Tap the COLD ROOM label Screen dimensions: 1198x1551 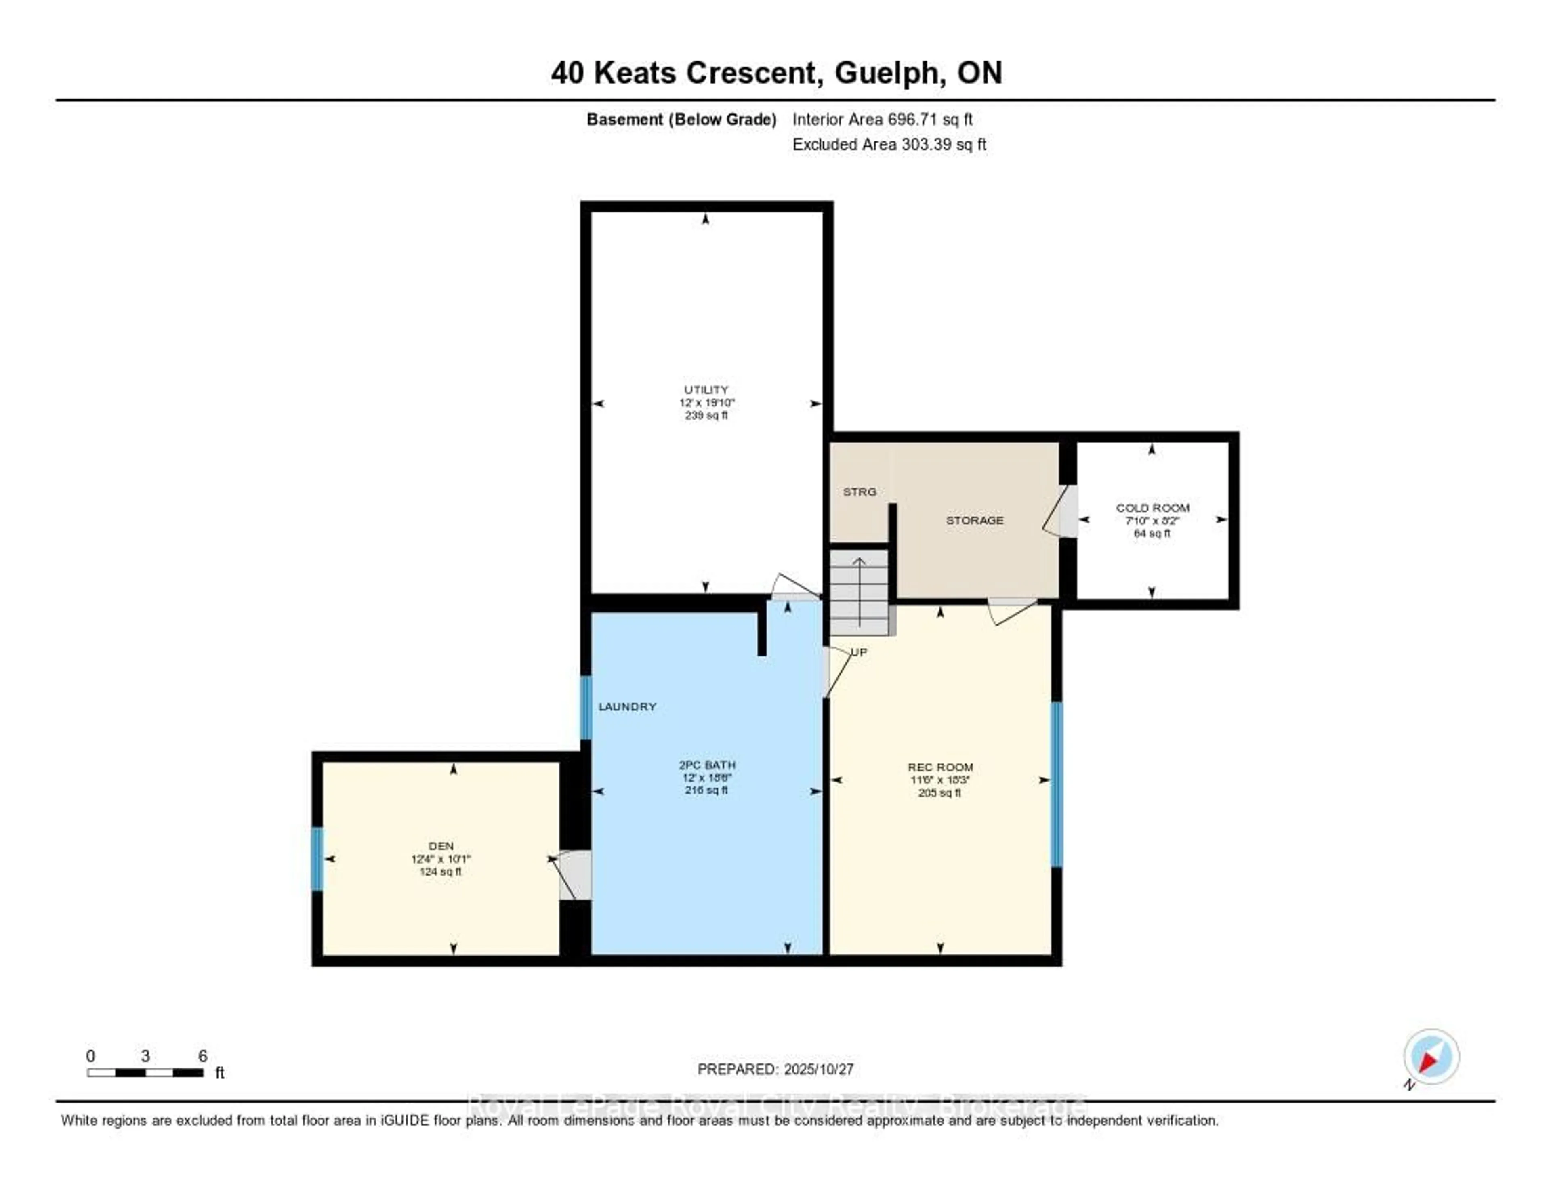pos(1152,508)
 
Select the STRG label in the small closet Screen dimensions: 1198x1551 pos(859,492)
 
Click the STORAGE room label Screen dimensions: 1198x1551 pos(974,521)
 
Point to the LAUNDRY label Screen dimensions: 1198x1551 pos(627,706)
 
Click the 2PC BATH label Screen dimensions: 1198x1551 pos(706,765)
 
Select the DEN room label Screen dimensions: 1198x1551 pos(440,846)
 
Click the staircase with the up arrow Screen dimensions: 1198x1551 pos(859,593)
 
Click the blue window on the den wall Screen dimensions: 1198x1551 pos(317,859)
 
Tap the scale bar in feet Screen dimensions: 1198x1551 pos(145,1072)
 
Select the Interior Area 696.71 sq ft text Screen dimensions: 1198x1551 pos(882,119)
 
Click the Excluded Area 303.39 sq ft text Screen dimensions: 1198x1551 pos(889,144)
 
